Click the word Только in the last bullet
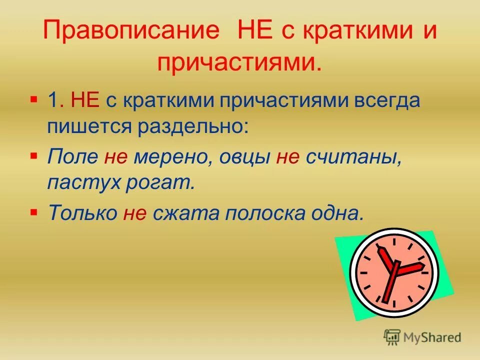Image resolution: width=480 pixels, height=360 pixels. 81,213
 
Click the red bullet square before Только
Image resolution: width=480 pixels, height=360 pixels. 33,211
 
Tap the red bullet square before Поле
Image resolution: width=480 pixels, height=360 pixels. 33,155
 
